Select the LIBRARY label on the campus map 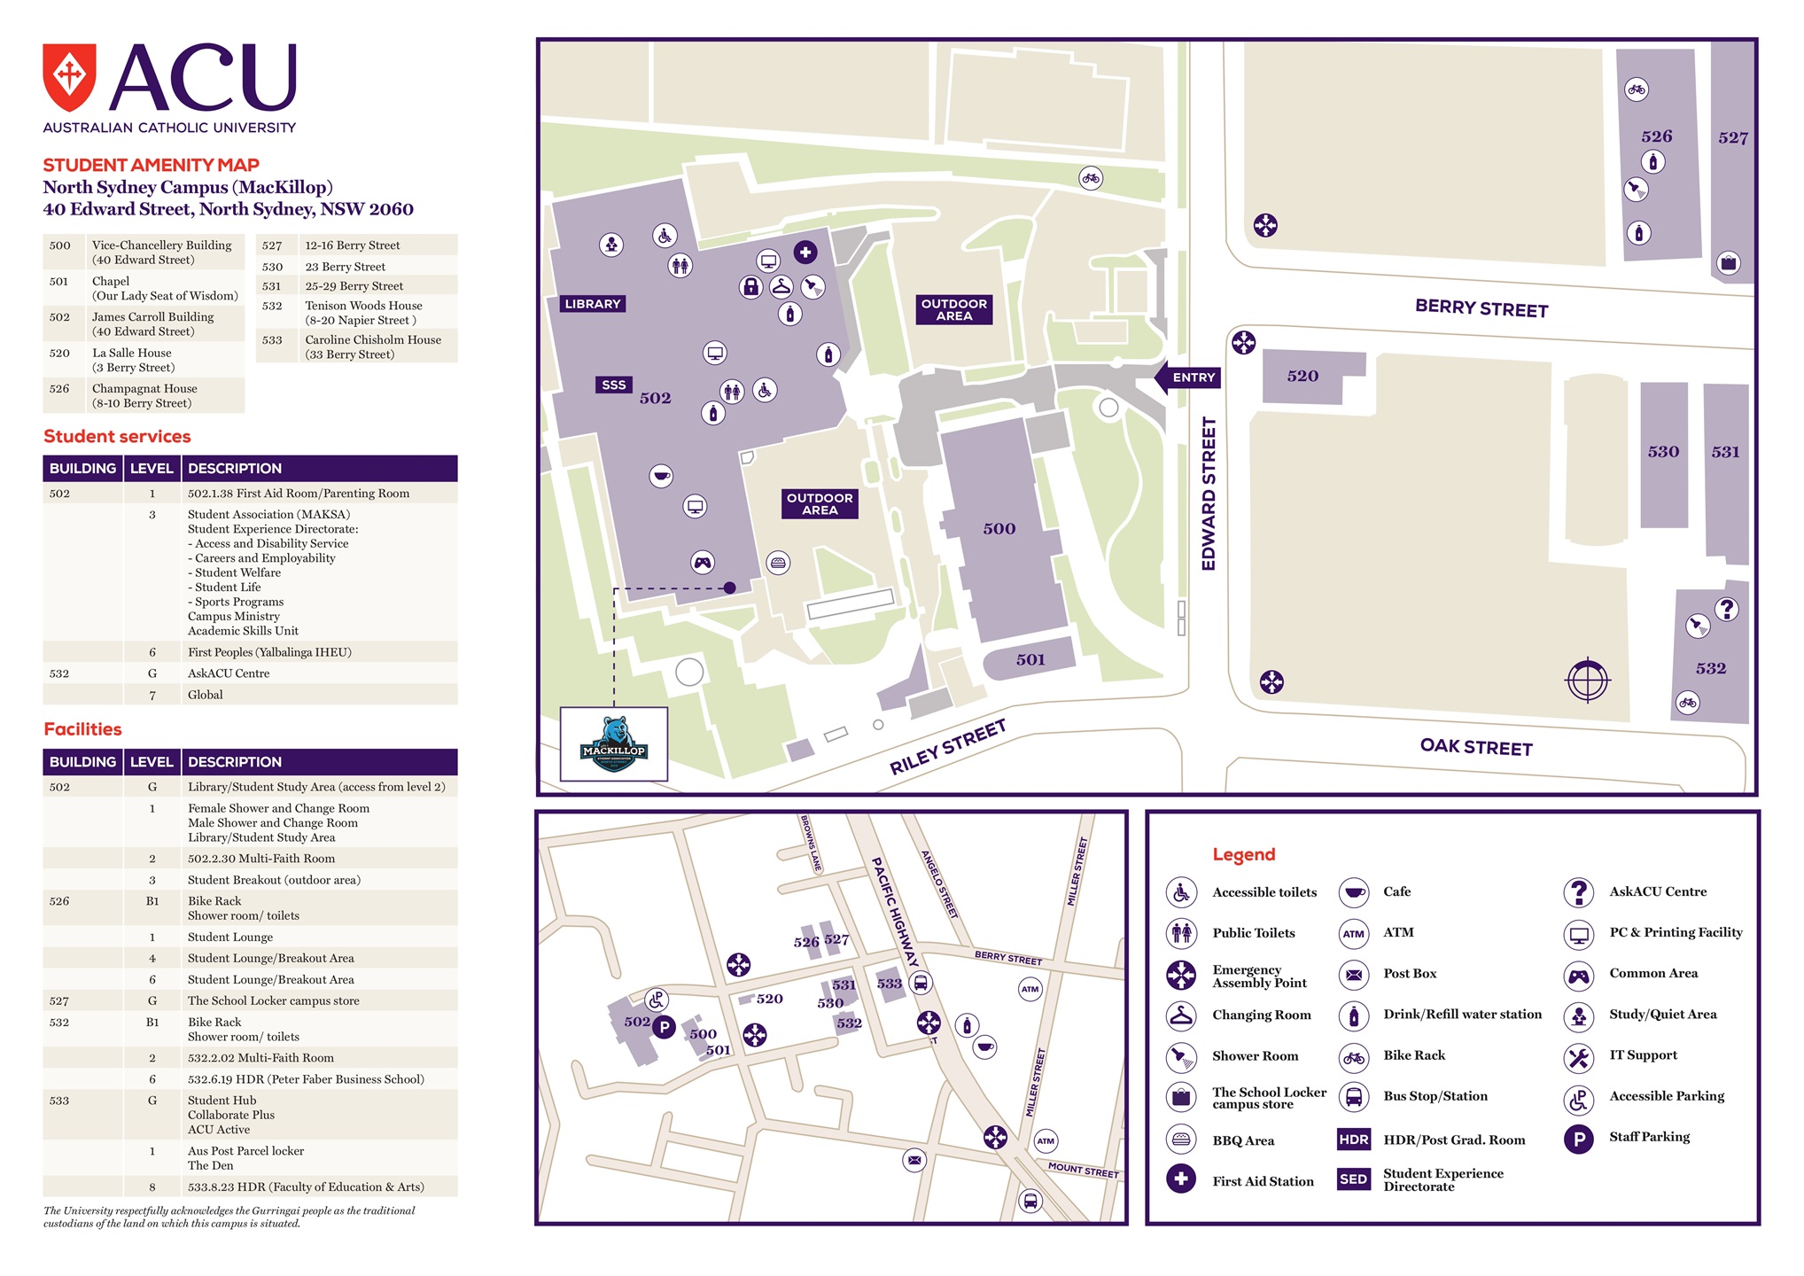coord(593,304)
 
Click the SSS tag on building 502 coord(613,385)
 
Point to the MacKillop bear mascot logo coord(614,744)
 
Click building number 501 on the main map coord(1030,659)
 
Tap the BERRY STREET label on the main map coord(1481,308)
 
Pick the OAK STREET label coord(1476,747)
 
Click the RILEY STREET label coord(947,747)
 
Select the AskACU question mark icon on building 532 coord(1726,610)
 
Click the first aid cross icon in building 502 coord(805,253)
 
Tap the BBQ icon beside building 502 coord(778,563)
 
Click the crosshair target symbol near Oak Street coord(1587,681)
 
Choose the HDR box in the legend coord(1353,1140)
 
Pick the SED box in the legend coord(1353,1179)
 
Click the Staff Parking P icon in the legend coord(1578,1138)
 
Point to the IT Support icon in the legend coord(1578,1056)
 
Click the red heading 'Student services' coord(117,437)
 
